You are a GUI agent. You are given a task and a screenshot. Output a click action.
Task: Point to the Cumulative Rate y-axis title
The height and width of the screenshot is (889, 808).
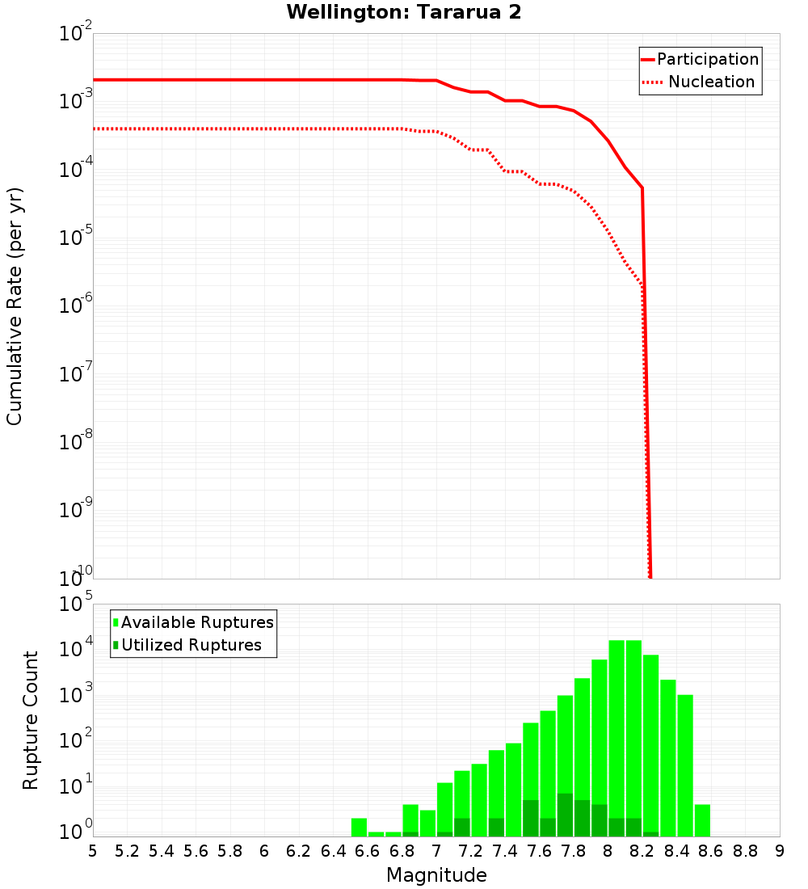15,305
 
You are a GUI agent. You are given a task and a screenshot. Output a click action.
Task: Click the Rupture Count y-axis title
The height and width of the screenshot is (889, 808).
31,719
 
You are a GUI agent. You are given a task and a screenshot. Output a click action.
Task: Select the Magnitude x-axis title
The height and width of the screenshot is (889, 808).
436,875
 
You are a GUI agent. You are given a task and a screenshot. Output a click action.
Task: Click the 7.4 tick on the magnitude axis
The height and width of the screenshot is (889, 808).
505,851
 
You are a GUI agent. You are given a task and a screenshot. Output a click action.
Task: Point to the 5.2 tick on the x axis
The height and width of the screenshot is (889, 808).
127,851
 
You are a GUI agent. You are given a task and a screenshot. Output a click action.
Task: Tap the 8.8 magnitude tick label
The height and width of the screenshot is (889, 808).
745,851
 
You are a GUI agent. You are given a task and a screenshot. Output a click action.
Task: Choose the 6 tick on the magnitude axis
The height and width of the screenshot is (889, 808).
264,851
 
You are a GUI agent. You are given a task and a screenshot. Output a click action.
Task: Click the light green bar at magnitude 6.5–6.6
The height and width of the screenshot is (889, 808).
359,828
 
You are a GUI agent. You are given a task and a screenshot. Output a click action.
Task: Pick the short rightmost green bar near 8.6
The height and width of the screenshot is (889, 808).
702,820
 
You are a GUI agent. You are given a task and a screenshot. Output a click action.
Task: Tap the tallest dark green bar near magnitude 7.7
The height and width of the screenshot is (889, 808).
565,815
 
